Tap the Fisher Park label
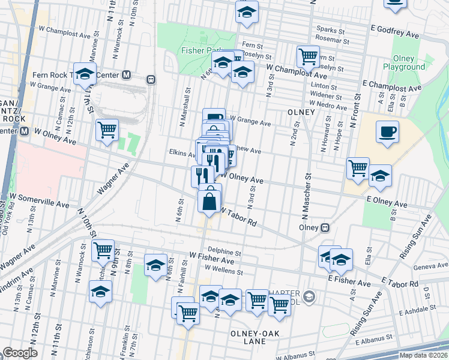[200, 51]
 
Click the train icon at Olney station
[325, 228]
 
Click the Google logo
[20, 353]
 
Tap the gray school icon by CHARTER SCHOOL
[309, 296]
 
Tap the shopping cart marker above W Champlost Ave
[308, 57]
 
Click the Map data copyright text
[423, 355]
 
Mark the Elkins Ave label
[182, 154]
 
